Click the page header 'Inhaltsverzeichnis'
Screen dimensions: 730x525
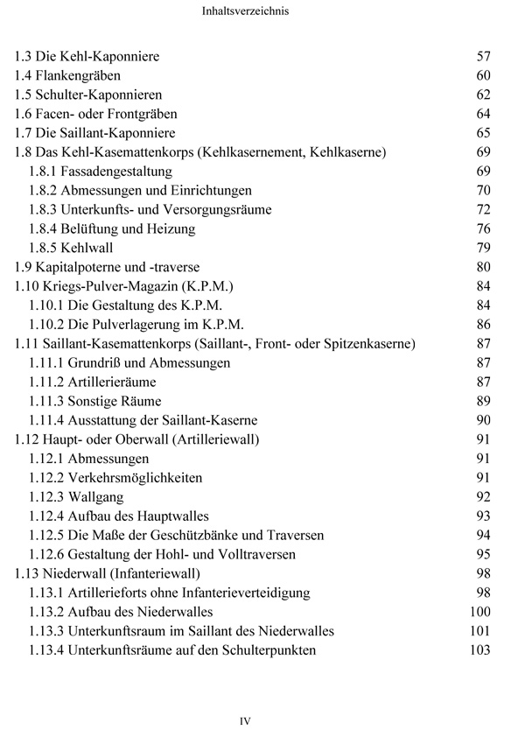pyautogui.click(x=262, y=13)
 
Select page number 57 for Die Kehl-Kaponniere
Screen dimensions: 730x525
pyautogui.click(x=483, y=57)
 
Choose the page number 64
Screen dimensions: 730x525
pyautogui.click(x=483, y=115)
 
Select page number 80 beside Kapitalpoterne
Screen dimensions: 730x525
pyautogui.click(x=483, y=267)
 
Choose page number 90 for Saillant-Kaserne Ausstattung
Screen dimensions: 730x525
pyautogui.click(x=483, y=420)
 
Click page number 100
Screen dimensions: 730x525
pyautogui.click(x=479, y=612)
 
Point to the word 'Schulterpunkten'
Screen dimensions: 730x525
pyautogui.click(x=267, y=649)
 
